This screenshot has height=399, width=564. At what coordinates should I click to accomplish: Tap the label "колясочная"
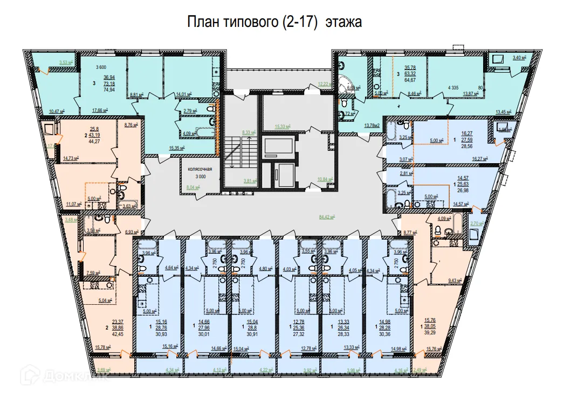coord(200,169)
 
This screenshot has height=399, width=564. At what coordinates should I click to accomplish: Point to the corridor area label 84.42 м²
coord(327,218)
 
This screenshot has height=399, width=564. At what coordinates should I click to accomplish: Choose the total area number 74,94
coord(109,90)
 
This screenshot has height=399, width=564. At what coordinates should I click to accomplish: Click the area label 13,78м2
coord(373,125)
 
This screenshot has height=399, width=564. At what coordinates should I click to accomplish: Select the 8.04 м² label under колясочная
coord(192,188)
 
